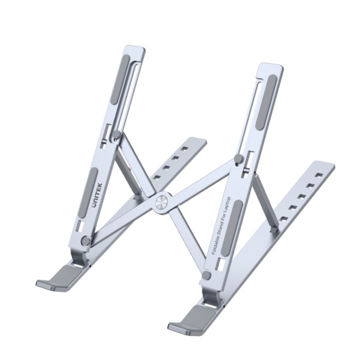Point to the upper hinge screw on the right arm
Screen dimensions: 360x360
pyautogui.click(x=238, y=159)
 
